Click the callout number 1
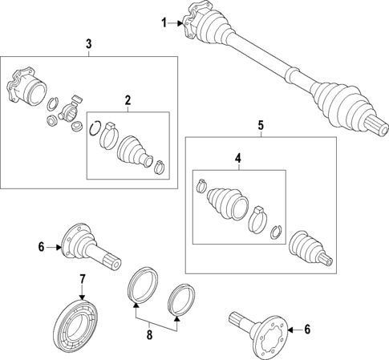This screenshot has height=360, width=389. tap(164, 23)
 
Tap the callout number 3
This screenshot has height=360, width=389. tap(89, 44)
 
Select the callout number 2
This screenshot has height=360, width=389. tap(128, 100)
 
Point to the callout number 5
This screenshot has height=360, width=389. tap(261, 125)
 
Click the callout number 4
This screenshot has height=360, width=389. tap(237, 159)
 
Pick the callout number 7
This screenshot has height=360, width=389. tap(83, 279)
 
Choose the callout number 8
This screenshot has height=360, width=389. tap(149, 334)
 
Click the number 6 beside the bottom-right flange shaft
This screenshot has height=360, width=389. tap(307, 330)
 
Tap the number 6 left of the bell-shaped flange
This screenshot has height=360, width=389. tap(41, 247)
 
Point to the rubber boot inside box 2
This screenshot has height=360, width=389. tap(135, 152)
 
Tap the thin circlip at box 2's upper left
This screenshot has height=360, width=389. tap(95, 128)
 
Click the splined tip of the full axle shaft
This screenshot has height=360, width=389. tap(378, 126)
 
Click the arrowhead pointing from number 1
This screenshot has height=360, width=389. tap(180, 23)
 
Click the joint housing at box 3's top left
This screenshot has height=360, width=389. tap(26, 86)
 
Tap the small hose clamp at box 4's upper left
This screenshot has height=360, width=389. tap(201, 186)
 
